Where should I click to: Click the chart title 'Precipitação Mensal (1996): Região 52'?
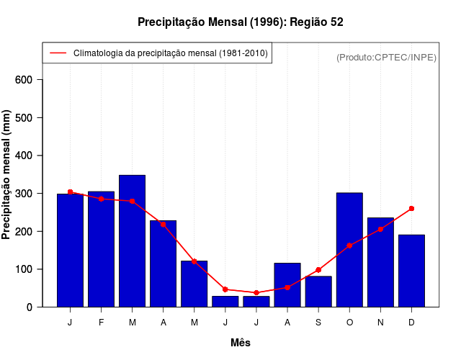tap(240, 22)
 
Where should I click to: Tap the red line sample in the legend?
tap(58, 53)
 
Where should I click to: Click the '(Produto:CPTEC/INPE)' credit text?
tap(386, 57)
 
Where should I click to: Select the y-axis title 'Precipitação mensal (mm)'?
tap(7, 175)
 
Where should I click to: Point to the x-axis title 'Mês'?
tap(241, 343)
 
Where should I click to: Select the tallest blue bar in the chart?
tap(133, 241)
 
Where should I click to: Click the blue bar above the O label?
tap(349, 250)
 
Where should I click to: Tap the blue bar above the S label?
tap(318, 292)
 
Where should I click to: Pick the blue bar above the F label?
tap(102, 249)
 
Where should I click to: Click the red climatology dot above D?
tap(411, 209)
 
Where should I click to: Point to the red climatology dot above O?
tap(349, 246)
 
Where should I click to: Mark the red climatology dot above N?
tap(380, 229)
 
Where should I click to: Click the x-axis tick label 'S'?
tap(318, 323)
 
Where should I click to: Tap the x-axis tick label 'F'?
tap(102, 323)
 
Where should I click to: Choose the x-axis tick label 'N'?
tap(380, 323)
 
